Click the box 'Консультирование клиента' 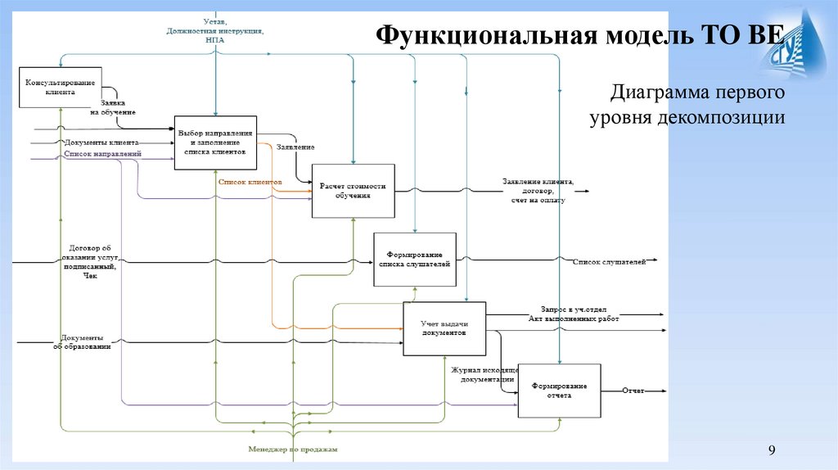[x=61, y=88]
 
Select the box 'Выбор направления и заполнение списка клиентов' [x=216, y=142]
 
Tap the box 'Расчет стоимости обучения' [x=352, y=191]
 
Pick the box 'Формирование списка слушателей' [x=415, y=260]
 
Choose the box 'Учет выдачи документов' [x=444, y=328]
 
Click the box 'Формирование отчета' [x=559, y=391]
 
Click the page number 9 [x=771, y=450]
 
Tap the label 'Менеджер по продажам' [x=293, y=449]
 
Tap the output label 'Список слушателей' [x=609, y=261]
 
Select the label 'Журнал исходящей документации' [x=486, y=374]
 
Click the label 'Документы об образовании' [x=82, y=341]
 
